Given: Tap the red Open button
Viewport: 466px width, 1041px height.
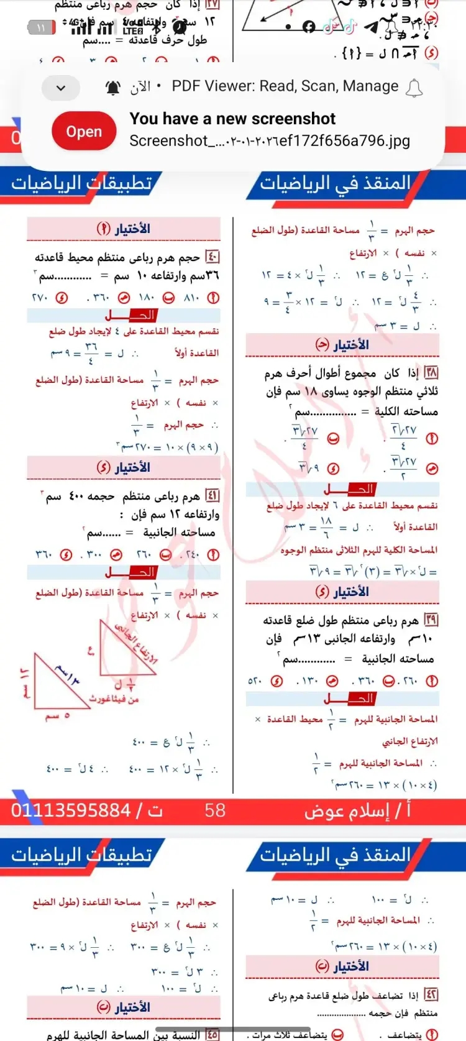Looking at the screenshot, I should point(84,132).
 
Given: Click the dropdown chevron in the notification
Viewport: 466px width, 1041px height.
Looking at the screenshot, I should point(61,88).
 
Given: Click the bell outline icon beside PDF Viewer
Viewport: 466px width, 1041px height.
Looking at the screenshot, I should point(414,88).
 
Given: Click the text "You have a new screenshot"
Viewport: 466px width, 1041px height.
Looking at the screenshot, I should point(232,119).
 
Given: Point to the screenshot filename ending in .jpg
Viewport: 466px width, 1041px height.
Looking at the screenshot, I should point(270,141).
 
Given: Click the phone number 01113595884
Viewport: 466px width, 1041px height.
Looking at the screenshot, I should point(71,810).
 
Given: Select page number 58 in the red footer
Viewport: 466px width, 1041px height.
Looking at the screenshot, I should point(215,810).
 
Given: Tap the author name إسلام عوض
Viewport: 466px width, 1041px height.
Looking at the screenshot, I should point(357,810).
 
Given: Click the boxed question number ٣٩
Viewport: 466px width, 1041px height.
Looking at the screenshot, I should point(431,620).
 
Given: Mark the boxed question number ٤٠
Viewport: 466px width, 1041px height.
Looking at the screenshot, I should point(212,257).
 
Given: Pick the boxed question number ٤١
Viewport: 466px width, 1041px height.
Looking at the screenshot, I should point(212,495).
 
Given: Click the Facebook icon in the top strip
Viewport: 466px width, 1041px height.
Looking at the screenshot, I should point(309,26).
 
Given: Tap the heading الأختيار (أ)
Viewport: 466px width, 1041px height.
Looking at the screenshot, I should point(123,229).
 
